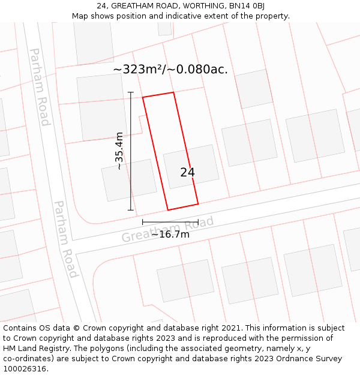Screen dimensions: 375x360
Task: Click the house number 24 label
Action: (x=187, y=173)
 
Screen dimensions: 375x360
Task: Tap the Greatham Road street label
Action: (x=167, y=230)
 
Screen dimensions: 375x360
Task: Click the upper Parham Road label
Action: (x=40, y=87)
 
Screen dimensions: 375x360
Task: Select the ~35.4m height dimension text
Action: (x=119, y=151)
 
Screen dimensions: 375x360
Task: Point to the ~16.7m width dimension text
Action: (x=170, y=235)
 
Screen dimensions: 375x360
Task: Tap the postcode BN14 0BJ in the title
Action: (x=246, y=6)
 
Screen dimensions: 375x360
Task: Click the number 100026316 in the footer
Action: (x=26, y=369)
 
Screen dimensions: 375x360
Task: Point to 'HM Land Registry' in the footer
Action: (x=34, y=349)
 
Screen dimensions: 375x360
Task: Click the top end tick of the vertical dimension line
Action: (x=131, y=92)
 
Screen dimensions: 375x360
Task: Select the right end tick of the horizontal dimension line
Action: (x=198, y=222)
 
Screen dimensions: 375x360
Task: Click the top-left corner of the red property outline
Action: (x=143, y=97)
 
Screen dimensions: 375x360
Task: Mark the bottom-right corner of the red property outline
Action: (x=198, y=204)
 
